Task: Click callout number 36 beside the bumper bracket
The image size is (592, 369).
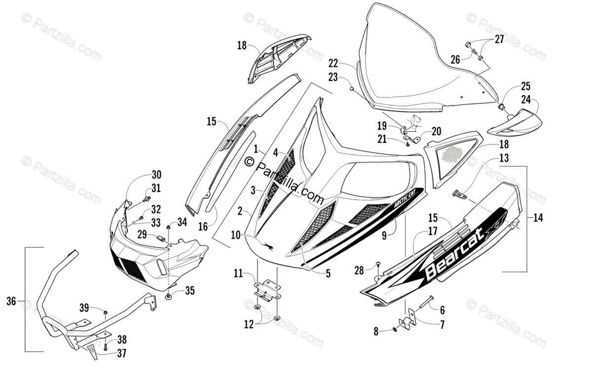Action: point(11,301)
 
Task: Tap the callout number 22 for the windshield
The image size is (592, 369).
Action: point(333,64)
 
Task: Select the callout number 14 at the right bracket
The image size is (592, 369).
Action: point(538,218)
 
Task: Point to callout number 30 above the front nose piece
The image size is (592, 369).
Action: point(156,174)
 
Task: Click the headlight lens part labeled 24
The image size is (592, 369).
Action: point(515,124)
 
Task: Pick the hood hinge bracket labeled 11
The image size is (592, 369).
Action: point(267,290)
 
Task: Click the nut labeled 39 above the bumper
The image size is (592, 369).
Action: point(106,312)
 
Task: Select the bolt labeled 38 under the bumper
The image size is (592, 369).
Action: point(106,346)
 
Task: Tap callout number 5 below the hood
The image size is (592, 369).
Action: point(328,273)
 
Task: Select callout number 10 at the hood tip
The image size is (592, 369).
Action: point(236,235)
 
